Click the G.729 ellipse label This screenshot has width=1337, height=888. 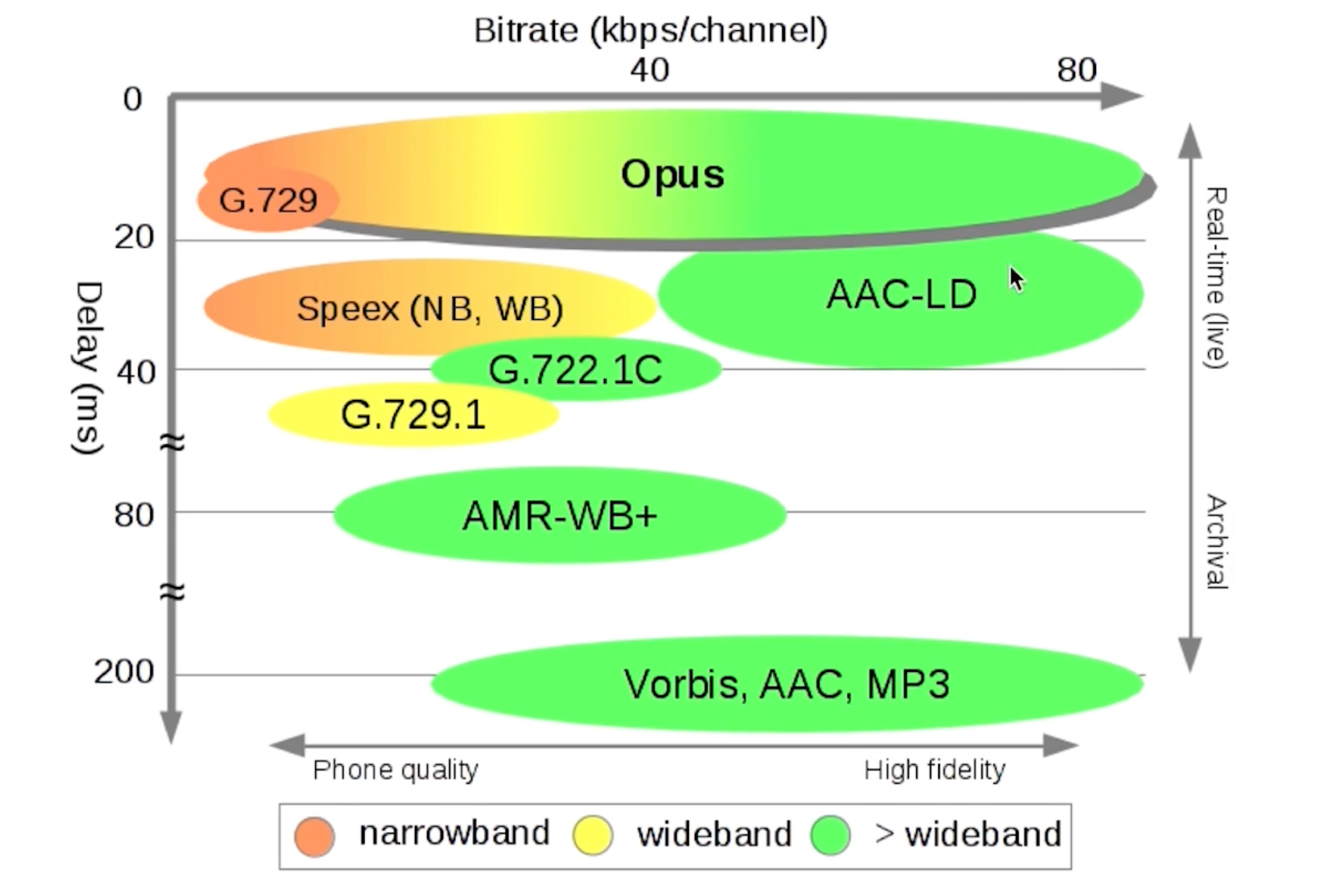point(268,200)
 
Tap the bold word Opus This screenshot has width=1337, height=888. point(672,175)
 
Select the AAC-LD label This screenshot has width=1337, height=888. point(901,294)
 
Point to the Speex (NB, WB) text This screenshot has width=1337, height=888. point(429,309)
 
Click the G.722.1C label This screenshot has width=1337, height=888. point(575,370)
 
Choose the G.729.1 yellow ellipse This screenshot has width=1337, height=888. point(413,415)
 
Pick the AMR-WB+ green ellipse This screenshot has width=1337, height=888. point(559,516)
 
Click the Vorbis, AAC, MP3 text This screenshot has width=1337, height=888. point(786,684)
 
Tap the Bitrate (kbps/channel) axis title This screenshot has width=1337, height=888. point(650,31)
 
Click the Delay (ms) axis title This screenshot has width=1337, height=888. point(89,368)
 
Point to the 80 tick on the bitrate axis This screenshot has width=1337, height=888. point(1076,70)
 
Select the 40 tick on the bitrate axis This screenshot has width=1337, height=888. point(649,70)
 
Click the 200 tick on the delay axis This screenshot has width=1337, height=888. point(124,672)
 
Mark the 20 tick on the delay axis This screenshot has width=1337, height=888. point(135,237)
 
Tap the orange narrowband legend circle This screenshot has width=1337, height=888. point(315,836)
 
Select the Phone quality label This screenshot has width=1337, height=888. point(395,770)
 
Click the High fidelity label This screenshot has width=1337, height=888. point(934,770)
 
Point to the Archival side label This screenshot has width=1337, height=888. point(1216,542)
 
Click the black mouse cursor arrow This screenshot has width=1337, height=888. point(1016,278)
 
